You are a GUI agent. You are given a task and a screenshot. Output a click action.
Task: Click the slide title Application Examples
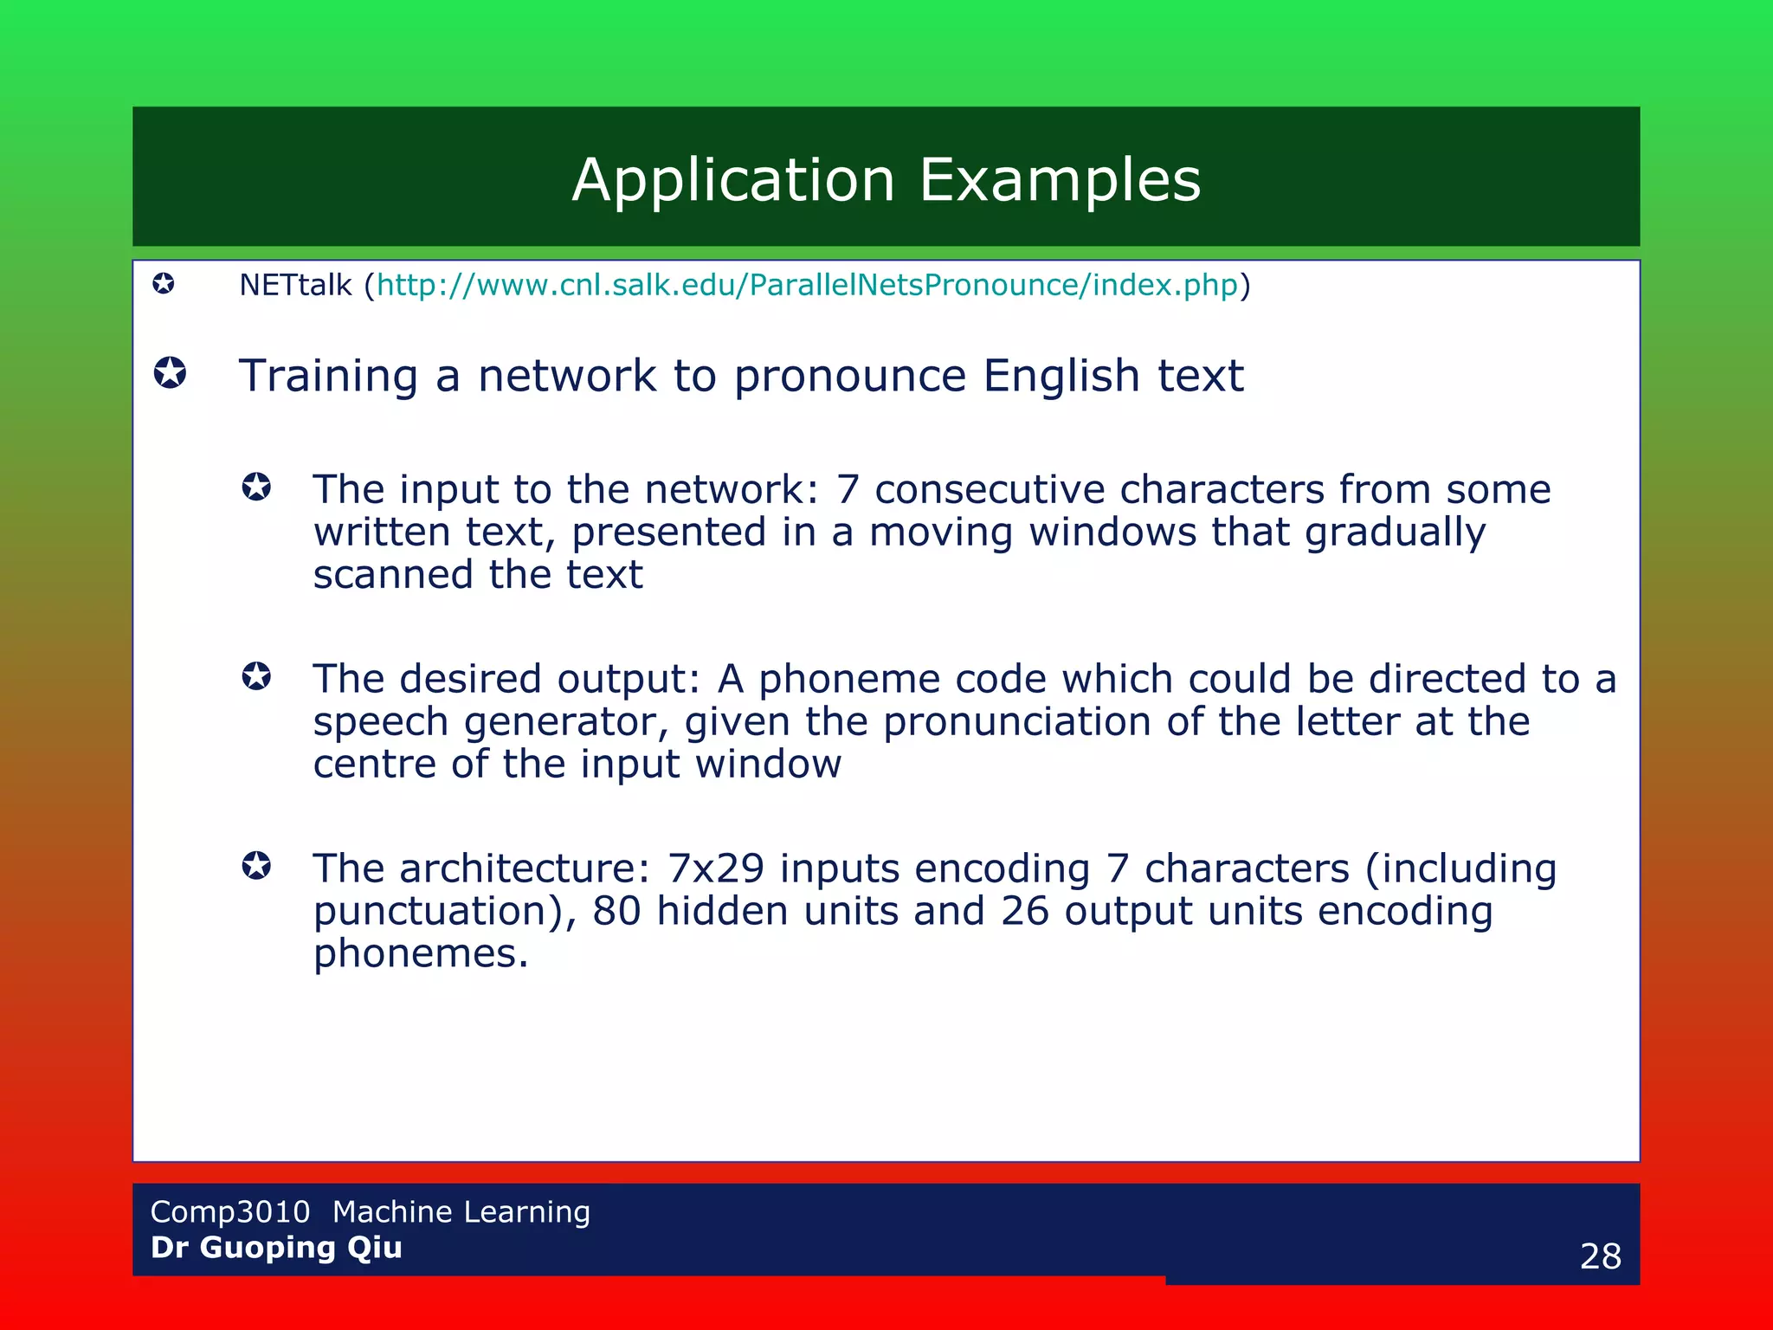886,180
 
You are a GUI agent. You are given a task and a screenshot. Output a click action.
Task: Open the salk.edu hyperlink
807,285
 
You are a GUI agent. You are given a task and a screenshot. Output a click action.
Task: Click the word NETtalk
295,285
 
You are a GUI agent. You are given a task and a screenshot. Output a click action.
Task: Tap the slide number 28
1600,1256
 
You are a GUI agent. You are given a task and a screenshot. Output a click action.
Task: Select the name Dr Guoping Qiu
276,1248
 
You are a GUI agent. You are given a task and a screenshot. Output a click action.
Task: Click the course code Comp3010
230,1211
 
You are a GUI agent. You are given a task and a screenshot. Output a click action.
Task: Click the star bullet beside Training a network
170,373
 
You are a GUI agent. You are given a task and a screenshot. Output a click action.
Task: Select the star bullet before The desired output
256,676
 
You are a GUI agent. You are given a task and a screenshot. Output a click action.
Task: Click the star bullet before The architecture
256,865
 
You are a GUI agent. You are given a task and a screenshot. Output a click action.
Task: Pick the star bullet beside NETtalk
164,283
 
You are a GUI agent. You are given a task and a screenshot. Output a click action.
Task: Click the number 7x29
716,868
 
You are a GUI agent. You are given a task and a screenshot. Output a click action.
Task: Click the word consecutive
990,490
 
